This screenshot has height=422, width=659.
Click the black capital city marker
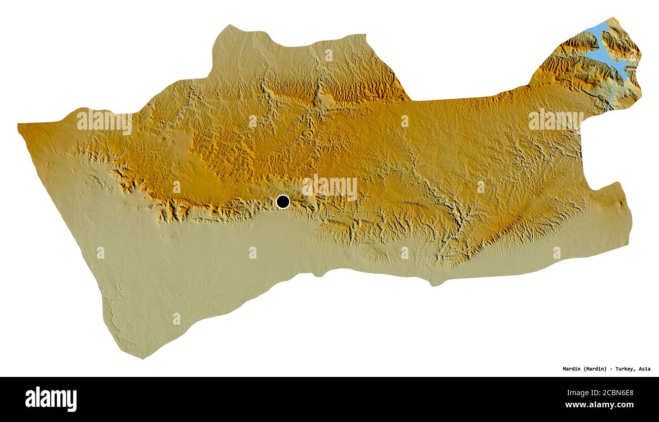point(283,202)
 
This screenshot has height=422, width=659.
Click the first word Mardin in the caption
point(572,369)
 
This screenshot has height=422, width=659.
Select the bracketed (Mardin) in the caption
point(595,369)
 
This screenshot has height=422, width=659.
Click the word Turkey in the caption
point(624,369)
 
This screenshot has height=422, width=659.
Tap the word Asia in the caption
point(644,369)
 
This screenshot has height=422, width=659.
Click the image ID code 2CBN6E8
point(615,392)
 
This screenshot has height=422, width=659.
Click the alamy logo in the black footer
point(51,399)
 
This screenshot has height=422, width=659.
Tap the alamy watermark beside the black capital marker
point(329,188)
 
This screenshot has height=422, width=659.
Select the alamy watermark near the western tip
point(104,122)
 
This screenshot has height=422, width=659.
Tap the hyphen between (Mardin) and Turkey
point(610,369)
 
